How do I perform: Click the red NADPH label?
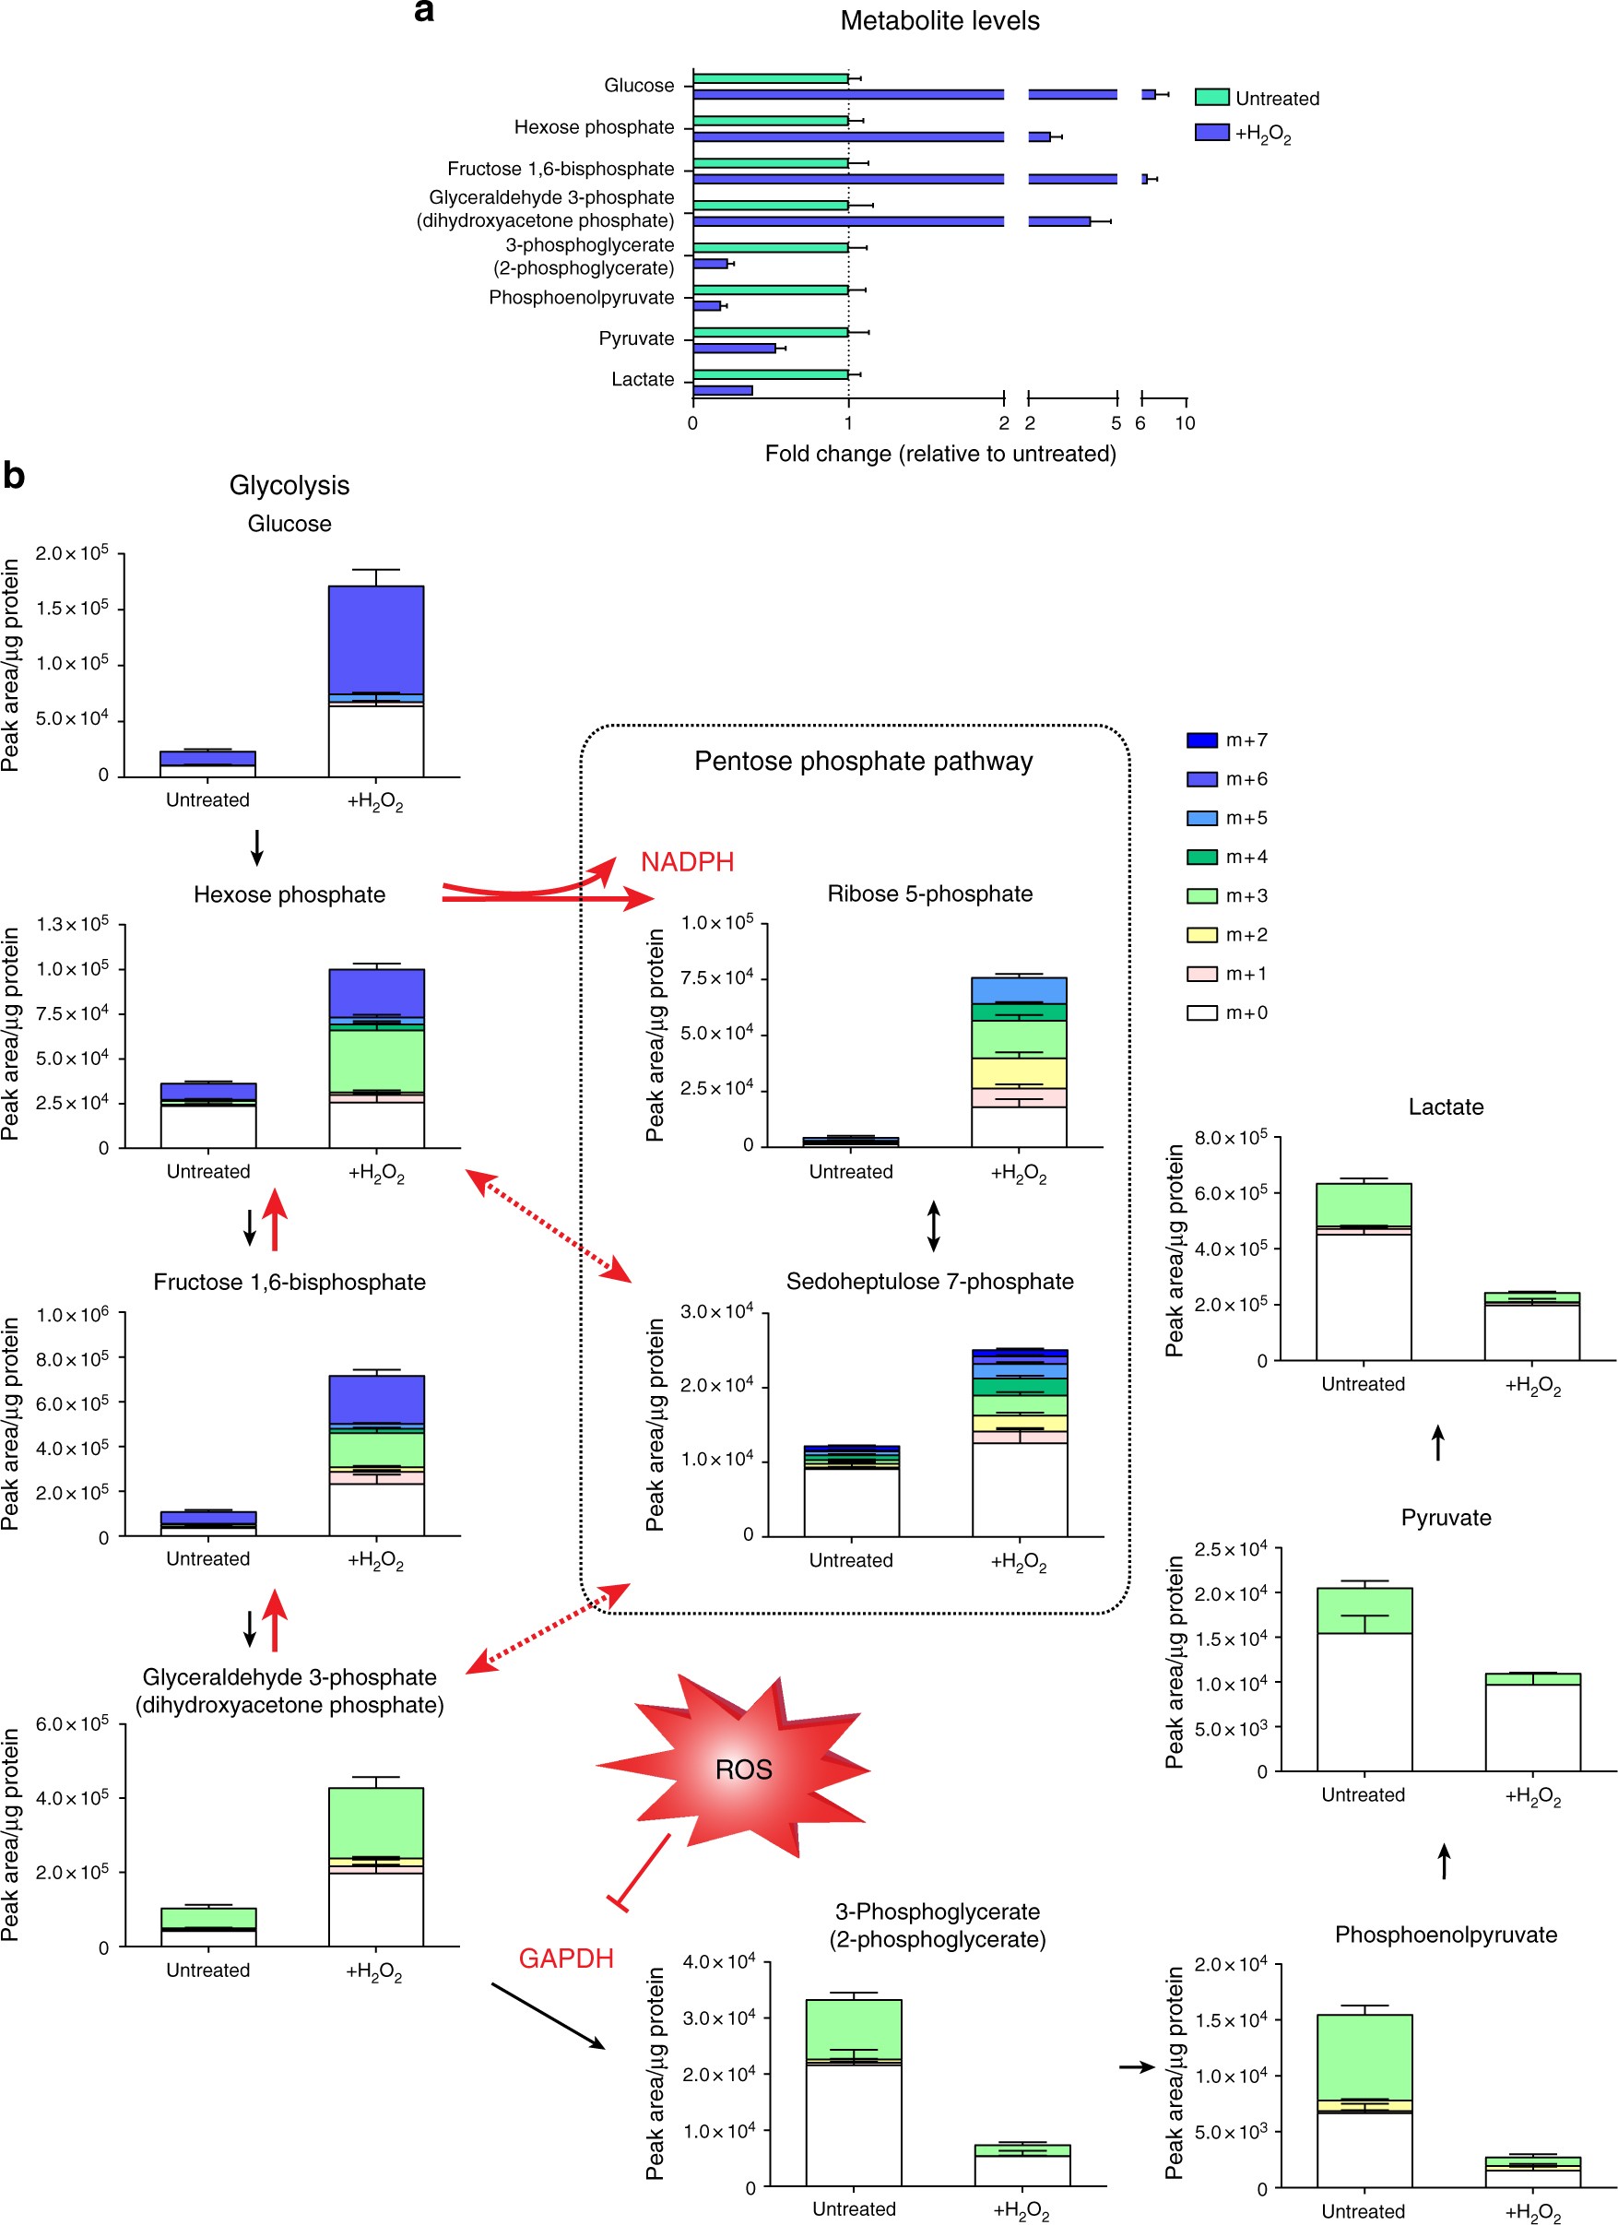click(687, 861)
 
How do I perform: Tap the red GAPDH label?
click(566, 1959)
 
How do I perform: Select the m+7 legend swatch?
click(1202, 740)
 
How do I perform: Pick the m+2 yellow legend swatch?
click(1202, 935)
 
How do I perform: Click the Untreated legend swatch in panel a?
click(1211, 97)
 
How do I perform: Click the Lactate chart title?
click(1446, 1107)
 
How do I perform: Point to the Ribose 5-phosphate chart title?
click(929, 894)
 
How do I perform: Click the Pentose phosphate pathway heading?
click(863, 762)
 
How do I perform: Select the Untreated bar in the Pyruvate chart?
click(1364, 1678)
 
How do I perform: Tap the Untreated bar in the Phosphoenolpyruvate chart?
click(1364, 2101)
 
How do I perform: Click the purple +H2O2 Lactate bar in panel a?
click(723, 390)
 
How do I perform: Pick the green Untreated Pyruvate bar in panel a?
click(771, 333)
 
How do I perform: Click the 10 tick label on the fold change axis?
click(1185, 423)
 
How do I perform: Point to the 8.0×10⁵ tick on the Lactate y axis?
click(1231, 1138)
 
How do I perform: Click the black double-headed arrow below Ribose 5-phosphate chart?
click(934, 1226)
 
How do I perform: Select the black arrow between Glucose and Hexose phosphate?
click(257, 847)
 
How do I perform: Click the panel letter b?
click(14, 476)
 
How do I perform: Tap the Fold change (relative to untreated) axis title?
click(939, 454)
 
